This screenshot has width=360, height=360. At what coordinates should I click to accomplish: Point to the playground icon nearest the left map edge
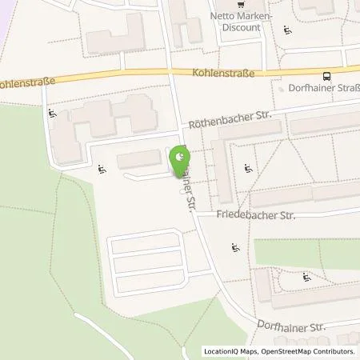coord(52,113)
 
